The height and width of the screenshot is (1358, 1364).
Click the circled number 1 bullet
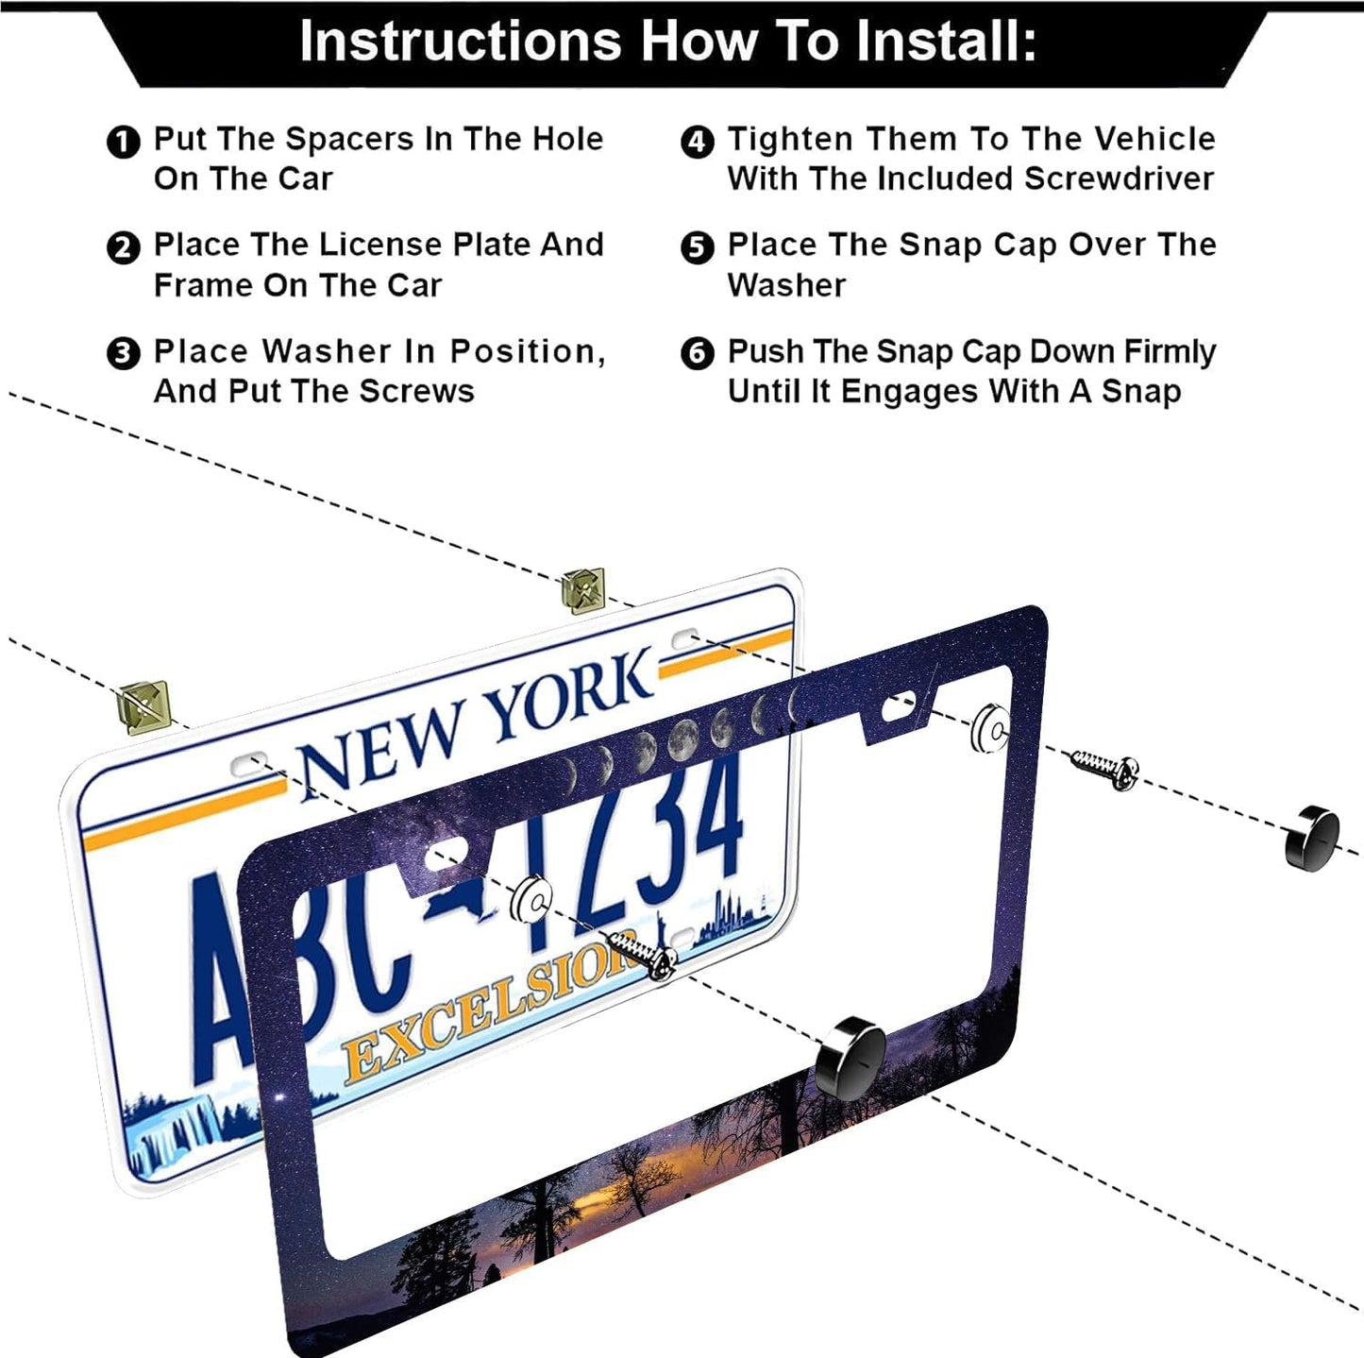click(123, 143)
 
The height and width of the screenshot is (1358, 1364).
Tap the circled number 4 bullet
click(697, 143)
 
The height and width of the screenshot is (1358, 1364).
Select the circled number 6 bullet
click(697, 354)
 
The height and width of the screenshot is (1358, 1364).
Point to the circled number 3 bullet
click(123, 354)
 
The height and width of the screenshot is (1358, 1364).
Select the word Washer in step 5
click(786, 285)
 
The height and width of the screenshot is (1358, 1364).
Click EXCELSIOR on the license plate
click(481, 1015)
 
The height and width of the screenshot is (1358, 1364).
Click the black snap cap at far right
click(1312, 838)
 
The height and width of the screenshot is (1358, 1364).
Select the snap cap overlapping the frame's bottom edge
click(850, 1057)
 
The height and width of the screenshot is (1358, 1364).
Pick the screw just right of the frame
click(1104, 767)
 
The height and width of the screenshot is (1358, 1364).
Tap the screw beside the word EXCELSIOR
click(643, 951)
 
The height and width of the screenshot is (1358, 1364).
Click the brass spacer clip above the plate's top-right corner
click(582, 590)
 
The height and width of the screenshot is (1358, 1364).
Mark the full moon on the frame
click(683, 739)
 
